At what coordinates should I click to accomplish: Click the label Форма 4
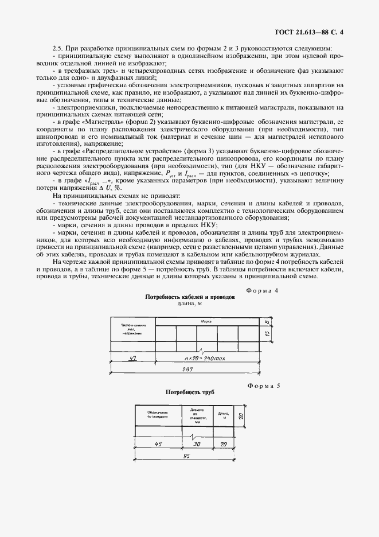click(x=262, y=291)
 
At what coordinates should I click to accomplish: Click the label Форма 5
click(x=263, y=386)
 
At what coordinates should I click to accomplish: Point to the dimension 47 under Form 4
click(x=132, y=357)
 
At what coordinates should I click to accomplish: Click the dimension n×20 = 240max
click(x=201, y=357)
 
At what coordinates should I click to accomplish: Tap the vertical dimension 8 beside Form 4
click(x=268, y=322)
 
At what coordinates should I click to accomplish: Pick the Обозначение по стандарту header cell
click(x=158, y=415)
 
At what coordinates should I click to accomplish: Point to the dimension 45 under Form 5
click(x=157, y=443)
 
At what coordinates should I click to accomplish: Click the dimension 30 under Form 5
click(x=196, y=443)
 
